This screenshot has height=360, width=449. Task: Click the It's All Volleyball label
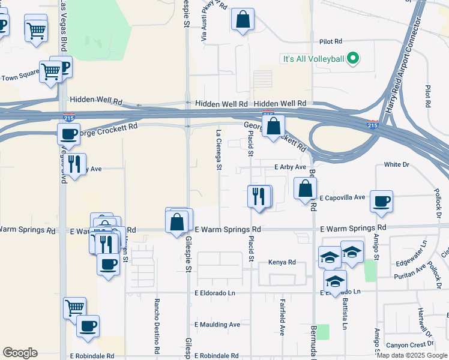313,58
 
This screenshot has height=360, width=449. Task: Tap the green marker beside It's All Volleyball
353,58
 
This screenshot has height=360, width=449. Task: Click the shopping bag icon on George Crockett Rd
273,127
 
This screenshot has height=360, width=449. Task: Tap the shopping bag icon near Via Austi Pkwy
243,19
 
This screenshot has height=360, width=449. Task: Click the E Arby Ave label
291,167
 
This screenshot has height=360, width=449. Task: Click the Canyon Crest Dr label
410,344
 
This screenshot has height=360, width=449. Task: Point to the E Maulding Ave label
217,325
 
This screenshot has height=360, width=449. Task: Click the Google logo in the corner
20,353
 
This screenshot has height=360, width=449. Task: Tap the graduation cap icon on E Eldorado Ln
335,280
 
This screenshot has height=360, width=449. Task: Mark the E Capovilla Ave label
342,197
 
